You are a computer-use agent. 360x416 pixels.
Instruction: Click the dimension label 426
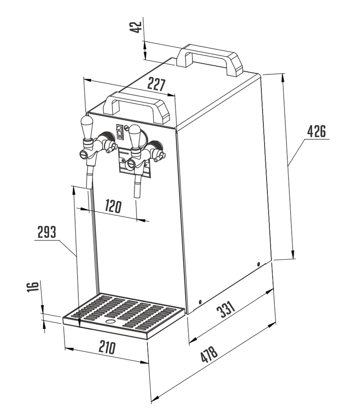tap(316, 132)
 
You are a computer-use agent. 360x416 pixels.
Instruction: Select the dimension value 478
tap(209, 354)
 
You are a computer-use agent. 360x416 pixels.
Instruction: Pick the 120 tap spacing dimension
tap(113, 206)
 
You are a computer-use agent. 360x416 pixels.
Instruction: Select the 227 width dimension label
tap(156, 84)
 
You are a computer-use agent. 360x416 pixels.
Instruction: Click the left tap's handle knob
tap(87, 126)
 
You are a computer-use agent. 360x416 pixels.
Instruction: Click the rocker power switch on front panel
tap(119, 131)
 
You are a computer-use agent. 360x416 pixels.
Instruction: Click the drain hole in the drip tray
tap(110, 321)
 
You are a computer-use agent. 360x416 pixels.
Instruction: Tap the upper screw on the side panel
tap(259, 264)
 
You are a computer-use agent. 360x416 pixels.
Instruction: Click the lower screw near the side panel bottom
tap(200, 302)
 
